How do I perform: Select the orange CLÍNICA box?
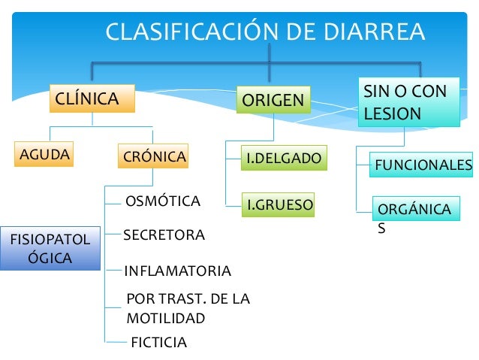pyautogui.click(x=92, y=99)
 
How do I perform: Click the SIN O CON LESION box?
pyautogui.click(x=408, y=102)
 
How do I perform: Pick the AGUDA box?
pyautogui.click(x=44, y=155)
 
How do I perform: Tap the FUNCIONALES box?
pyautogui.click(x=423, y=165)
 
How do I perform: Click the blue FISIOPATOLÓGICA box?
pyautogui.click(x=50, y=249)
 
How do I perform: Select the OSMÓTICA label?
pyautogui.click(x=162, y=201)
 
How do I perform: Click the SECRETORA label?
pyautogui.click(x=164, y=235)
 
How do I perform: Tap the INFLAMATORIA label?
pyautogui.click(x=177, y=271)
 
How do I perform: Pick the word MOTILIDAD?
pyautogui.click(x=165, y=318)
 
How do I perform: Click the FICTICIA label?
pyautogui.click(x=158, y=343)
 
